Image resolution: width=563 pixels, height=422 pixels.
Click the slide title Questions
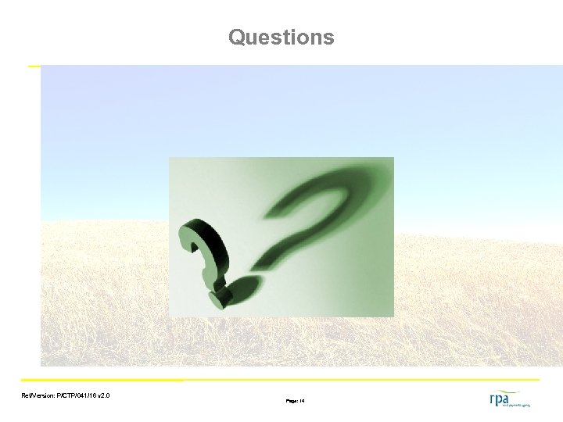[x=281, y=37]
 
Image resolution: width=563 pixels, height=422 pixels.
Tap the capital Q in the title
[x=237, y=37]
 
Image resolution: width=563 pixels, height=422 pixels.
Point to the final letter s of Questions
[x=328, y=38]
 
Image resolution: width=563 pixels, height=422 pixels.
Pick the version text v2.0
[x=103, y=396]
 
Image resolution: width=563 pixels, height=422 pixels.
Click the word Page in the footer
[x=291, y=401]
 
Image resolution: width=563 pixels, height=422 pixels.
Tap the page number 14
[x=302, y=401]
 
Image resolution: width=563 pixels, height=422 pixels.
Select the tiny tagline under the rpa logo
[x=516, y=406]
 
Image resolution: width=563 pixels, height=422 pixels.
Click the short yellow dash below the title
[x=34, y=66]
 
